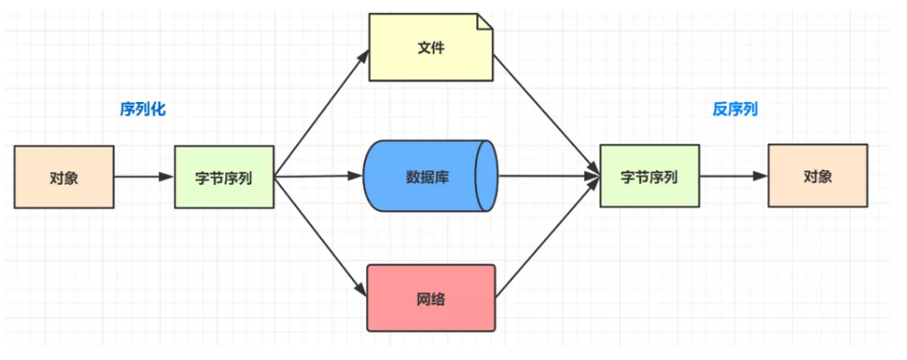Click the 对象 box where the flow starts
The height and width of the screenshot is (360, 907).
click(64, 177)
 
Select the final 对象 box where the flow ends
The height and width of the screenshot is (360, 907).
click(817, 176)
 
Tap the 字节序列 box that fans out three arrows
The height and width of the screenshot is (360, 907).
click(224, 177)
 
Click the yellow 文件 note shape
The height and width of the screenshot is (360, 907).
click(430, 48)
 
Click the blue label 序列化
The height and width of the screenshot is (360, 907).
click(142, 110)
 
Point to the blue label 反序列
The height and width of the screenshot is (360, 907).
click(735, 110)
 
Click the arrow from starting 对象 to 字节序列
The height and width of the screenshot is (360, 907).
click(144, 177)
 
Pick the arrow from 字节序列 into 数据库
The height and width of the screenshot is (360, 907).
click(319, 176)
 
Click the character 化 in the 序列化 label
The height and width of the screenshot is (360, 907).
click(158, 110)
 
